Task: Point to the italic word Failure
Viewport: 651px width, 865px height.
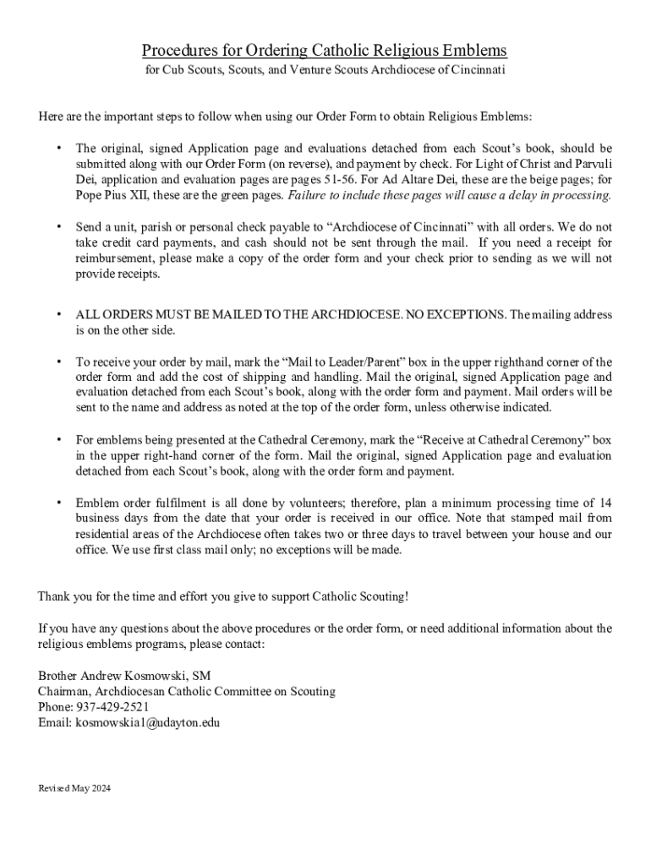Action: pos(310,195)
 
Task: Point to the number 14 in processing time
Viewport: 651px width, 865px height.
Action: pos(605,503)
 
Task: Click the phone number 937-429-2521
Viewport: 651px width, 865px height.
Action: pos(113,707)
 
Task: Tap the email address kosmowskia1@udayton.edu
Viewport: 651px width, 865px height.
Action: pos(147,723)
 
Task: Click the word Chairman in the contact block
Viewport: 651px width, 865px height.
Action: pos(68,692)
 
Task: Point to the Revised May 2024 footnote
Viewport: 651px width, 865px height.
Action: pos(74,788)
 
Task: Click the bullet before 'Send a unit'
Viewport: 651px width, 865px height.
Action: pos(58,227)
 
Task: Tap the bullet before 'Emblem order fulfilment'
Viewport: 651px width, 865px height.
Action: pos(58,503)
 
